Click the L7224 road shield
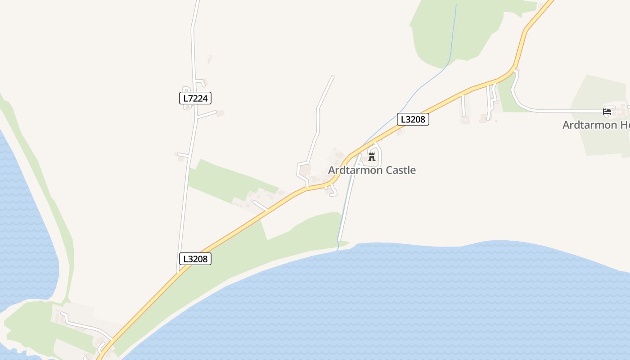[x=195, y=98]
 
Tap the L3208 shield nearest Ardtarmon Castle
[x=413, y=119]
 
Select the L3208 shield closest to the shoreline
[x=195, y=259]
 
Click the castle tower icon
[x=372, y=157]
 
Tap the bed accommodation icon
[x=607, y=111]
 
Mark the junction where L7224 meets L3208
[x=178, y=272]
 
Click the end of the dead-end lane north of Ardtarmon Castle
[x=333, y=76]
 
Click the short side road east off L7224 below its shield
[x=207, y=114]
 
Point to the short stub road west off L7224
[x=183, y=156]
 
